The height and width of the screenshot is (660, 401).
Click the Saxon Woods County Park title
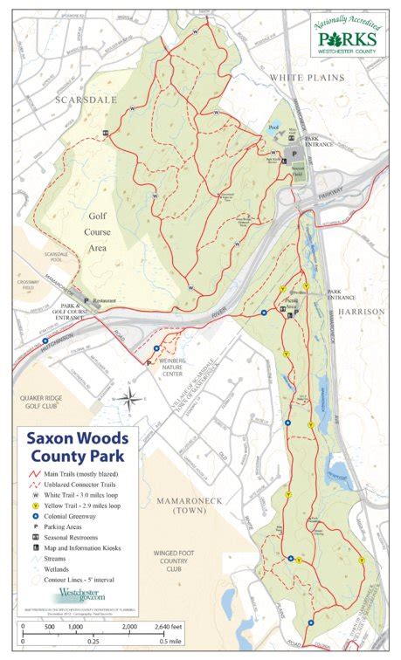point(73,445)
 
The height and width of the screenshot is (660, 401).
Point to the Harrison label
point(361,311)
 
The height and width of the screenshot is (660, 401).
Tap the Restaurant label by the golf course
point(107,299)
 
